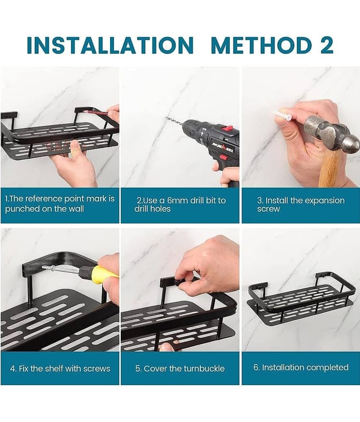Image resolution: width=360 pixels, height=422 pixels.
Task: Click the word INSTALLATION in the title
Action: pos(110,45)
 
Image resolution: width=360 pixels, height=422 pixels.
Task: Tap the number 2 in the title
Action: pos(327,45)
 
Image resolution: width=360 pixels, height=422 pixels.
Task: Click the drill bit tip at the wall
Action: pos(166,118)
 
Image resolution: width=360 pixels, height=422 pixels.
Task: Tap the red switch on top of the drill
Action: pos(229,128)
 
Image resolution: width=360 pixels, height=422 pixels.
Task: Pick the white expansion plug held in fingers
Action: pos(282,114)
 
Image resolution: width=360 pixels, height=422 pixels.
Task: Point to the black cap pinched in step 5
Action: pos(177,283)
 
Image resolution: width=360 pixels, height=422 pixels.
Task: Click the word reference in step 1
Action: pos(44,199)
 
